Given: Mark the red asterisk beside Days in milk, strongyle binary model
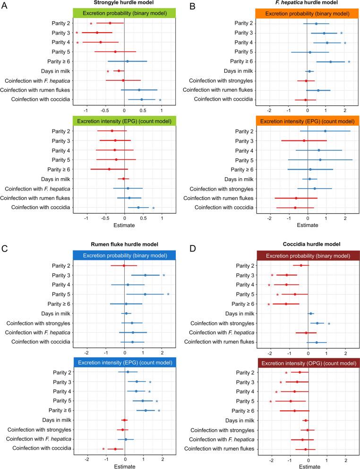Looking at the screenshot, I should coord(108,72).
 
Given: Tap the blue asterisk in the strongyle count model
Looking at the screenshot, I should coord(153,208).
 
